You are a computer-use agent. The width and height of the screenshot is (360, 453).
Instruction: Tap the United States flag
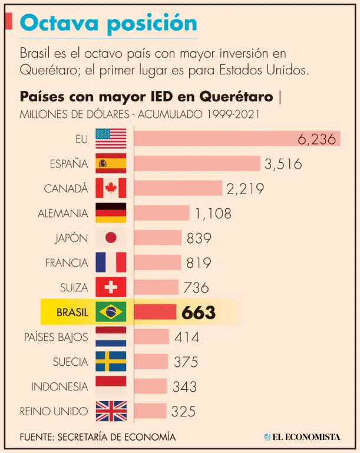(111, 139)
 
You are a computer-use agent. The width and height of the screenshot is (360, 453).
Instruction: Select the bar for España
(197, 163)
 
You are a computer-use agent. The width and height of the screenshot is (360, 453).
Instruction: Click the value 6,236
(316, 139)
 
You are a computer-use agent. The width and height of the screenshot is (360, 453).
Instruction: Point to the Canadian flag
(111, 188)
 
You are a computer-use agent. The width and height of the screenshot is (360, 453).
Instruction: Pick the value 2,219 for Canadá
(245, 189)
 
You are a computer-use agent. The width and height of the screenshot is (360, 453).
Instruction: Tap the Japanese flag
(111, 238)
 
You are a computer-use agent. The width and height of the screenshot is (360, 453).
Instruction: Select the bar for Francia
(158, 262)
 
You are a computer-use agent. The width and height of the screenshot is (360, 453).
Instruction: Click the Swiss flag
(111, 287)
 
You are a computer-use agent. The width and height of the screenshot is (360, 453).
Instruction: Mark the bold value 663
(199, 313)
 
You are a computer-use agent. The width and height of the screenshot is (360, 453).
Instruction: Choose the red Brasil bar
(156, 312)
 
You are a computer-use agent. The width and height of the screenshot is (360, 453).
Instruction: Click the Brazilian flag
(111, 312)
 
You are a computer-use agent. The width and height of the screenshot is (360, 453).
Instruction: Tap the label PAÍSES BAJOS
(56, 337)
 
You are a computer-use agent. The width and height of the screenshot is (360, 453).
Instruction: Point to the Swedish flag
(111, 362)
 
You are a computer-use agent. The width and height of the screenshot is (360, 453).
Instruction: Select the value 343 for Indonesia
(184, 387)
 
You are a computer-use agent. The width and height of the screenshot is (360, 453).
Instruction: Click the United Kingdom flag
(111, 411)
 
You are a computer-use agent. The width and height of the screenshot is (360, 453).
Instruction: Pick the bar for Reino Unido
(150, 411)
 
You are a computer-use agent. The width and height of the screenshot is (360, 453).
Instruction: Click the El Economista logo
(302, 436)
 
